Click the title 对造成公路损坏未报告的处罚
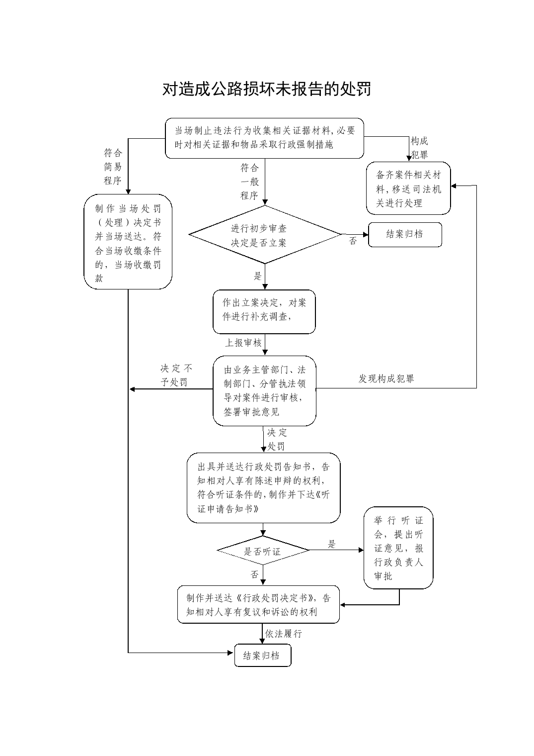[267, 89]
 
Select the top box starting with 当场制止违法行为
[264, 138]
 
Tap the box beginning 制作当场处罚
[128, 242]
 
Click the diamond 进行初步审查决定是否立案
[265, 235]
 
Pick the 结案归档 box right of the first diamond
[405, 235]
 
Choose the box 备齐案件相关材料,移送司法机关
[408, 188]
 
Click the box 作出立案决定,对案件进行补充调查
[264, 311]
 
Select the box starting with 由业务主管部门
[264, 390]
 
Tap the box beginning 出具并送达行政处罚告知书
[263, 488]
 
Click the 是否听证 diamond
[263, 551]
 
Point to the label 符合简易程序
[113, 167]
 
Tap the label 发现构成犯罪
[386, 378]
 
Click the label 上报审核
[243, 343]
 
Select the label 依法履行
[283, 634]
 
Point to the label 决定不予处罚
[176, 375]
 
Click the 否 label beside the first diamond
[353, 241]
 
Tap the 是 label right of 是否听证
[332, 544]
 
